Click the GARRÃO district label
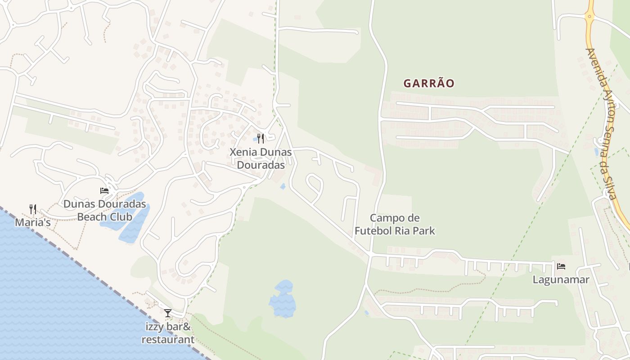(x=428, y=84)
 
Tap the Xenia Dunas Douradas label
(x=261, y=158)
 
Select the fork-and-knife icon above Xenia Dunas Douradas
(x=261, y=138)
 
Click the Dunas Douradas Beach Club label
(x=104, y=210)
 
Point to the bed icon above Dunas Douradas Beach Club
(x=104, y=190)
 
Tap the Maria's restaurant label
(x=32, y=222)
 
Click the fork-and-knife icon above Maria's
(x=32, y=209)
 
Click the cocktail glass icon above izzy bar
(x=168, y=313)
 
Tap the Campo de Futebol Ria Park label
(x=395, y=225)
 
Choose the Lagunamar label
(x=561, y=279)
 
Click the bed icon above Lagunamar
(x=561, y=266)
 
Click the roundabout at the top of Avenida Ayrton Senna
(x=589, y=17)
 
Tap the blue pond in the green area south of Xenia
(x=283, y=299)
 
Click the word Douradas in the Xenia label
(x=261, y=165)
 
